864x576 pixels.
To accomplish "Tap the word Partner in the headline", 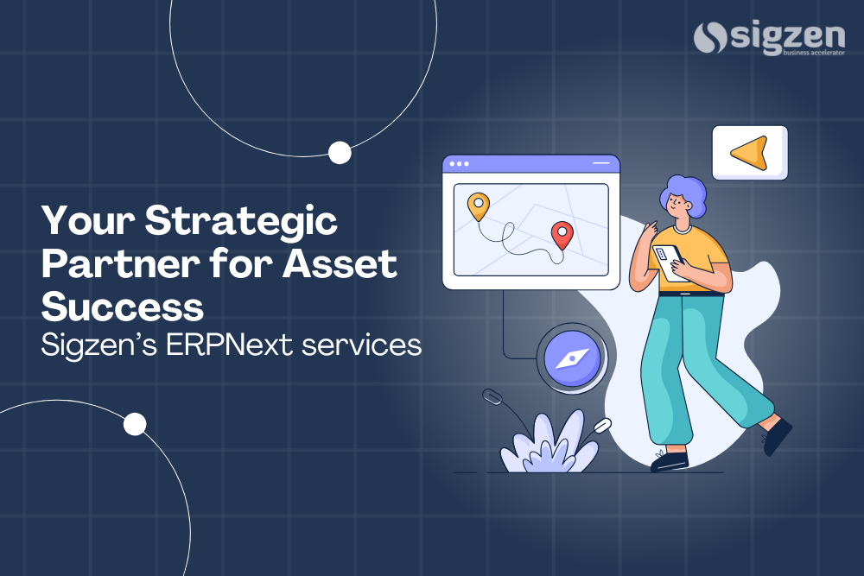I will click(110, 263).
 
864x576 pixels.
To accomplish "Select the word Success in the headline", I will click(123, 306).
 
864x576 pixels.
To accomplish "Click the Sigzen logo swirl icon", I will click(711, 39).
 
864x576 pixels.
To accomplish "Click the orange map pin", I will click(478, 206).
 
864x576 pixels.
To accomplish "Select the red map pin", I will click(562, 234).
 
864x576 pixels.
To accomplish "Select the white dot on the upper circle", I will click(340, 153).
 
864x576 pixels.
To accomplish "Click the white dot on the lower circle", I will click(135, 424).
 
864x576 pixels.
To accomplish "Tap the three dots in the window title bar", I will click(459, 163).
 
